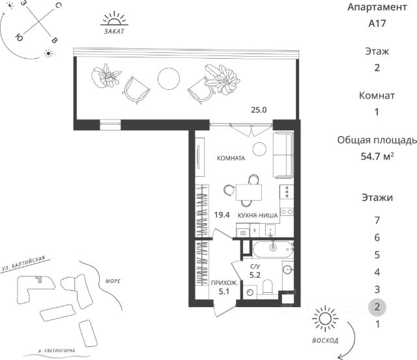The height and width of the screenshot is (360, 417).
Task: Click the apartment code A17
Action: pyautogui.click(x=377, y=24)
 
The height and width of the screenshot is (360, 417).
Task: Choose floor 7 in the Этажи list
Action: pyautogui.click(x=377, y=220)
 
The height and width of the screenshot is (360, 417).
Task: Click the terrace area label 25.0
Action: pyautogui.click(x=259, y=110)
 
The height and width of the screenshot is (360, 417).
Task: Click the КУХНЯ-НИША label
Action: pyautogui.click(x=258, y=215)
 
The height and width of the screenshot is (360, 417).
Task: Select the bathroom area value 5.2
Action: pyautogui.click(x=256, y=276)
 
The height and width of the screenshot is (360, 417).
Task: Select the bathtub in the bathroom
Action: pyautogui.click(x=272, y=248)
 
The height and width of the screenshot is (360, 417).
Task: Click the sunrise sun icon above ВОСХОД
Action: pyautogui.click(x=324, y=320)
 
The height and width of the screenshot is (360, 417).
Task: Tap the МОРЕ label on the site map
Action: pyautogui.click(x=112, y=281)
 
